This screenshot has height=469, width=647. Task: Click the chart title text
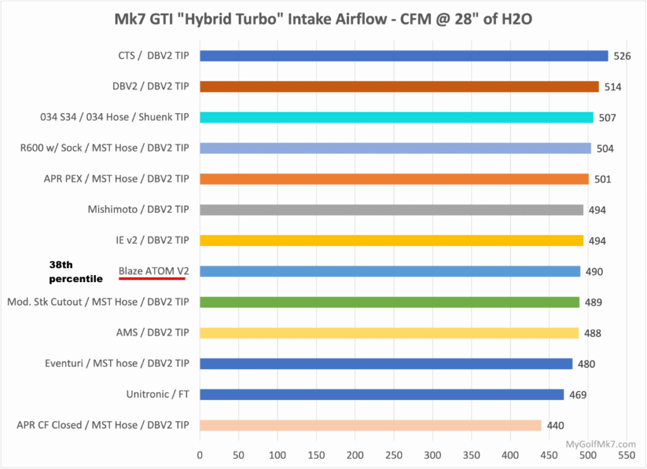[323, 20]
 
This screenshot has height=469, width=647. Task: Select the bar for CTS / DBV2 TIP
[404, 56]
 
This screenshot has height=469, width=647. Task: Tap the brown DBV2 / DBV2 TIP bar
[399, 86]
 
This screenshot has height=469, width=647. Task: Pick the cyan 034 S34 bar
[396, 117]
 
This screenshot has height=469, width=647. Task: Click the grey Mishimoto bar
[391, 210]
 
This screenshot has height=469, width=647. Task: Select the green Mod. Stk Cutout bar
[389, 302]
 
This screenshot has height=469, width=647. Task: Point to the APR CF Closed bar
[370, 425]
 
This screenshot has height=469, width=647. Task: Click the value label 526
[622, 56]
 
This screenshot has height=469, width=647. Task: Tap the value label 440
[555, 426]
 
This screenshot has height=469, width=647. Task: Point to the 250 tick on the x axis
[394, 454]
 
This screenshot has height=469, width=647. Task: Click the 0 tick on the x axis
[200, 454]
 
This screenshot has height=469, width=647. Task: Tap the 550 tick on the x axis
[626, 454]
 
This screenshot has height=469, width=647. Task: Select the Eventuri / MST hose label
[117, 364]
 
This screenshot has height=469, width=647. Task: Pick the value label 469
[577, 395]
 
